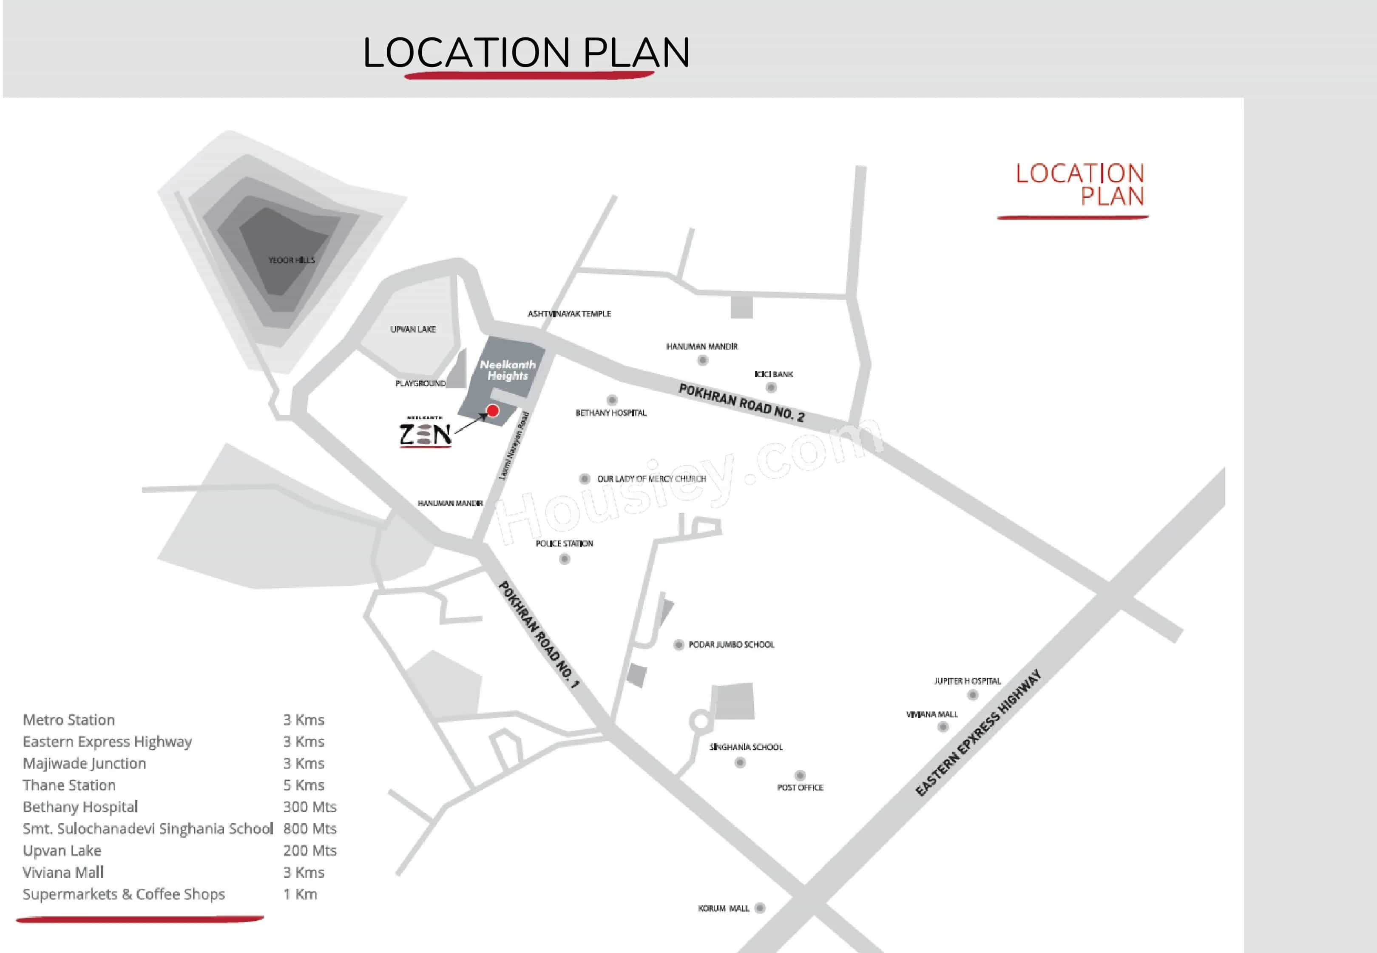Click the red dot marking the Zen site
[492, 411]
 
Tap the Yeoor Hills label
[291, 260]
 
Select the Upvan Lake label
[413, 330]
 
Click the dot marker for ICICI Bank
[771, 387]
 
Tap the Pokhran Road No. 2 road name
[741, 403]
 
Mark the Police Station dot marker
[565, 559]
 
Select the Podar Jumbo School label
[731, 645]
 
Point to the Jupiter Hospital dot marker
[972, 694]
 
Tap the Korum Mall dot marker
[760, 908]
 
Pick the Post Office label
[800, 788]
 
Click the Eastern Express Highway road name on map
[978, 733]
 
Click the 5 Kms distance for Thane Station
[304, 785]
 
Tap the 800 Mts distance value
[310, 829]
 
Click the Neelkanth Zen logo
[425, 432]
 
